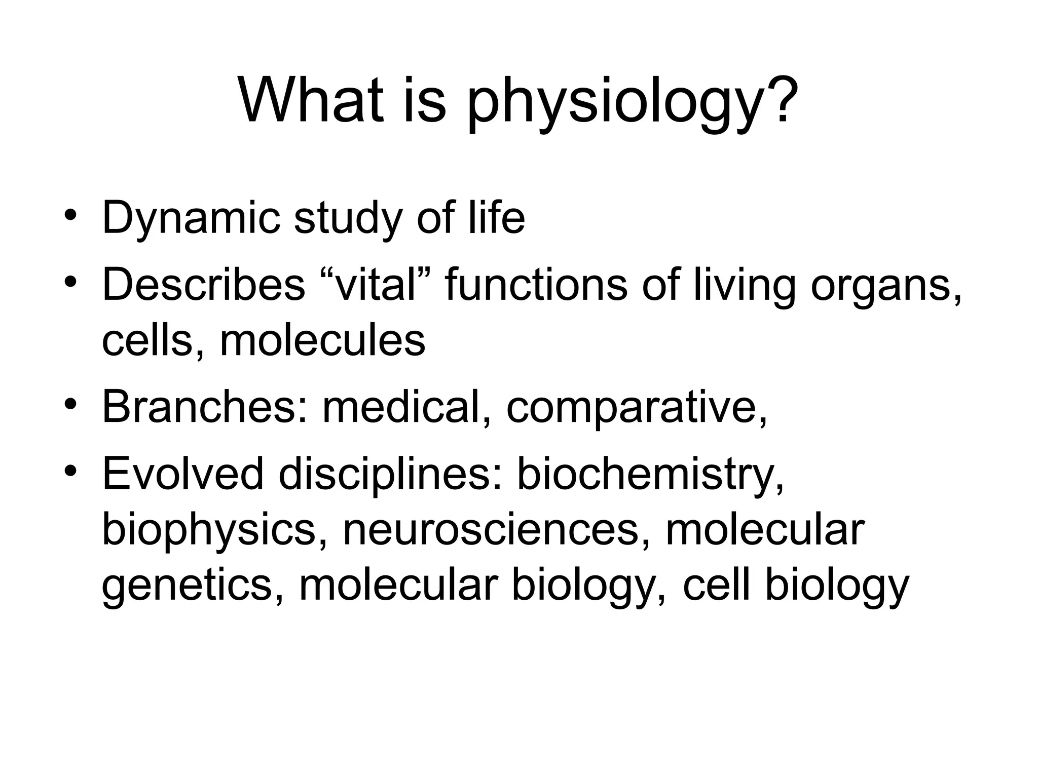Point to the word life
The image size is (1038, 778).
496,218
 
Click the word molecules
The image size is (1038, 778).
322,340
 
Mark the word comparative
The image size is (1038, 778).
636,408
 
